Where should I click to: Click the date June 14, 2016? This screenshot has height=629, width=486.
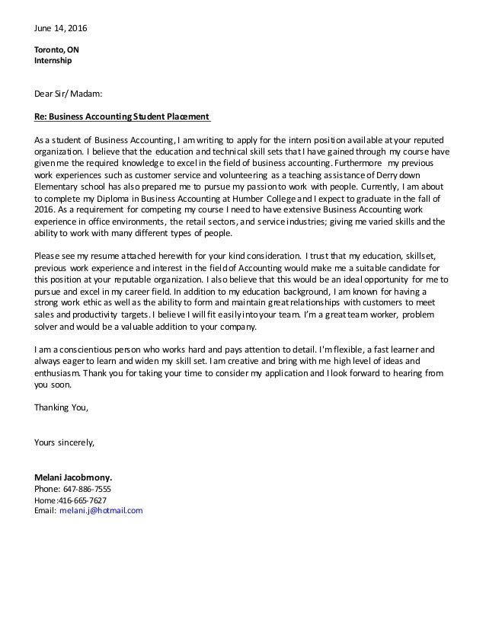pos(61,29)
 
